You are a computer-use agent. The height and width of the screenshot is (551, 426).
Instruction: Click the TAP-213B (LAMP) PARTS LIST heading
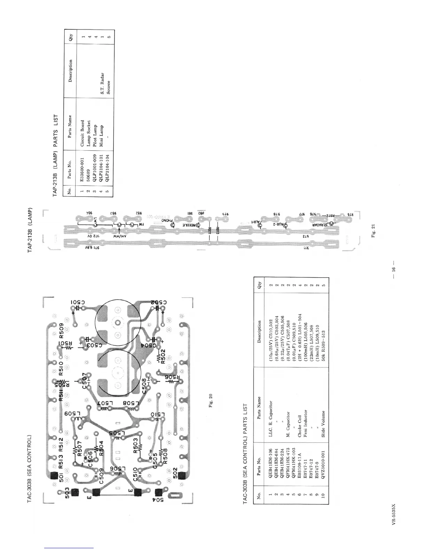point(55,157)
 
